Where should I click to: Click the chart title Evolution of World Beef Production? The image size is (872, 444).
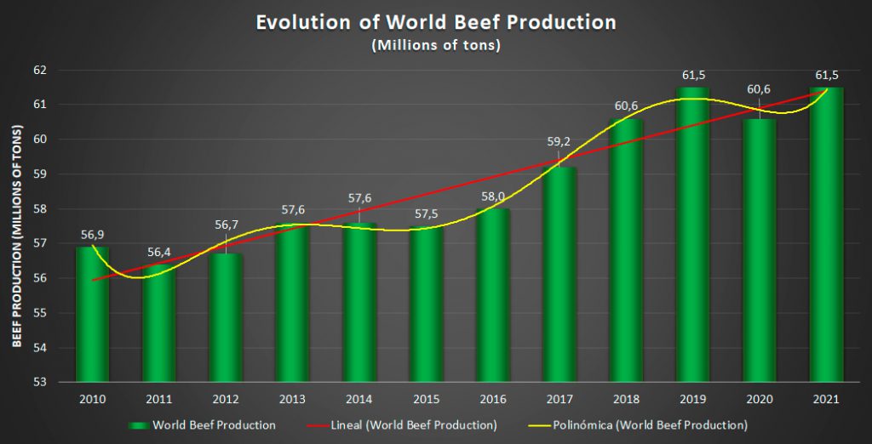click(436, 22)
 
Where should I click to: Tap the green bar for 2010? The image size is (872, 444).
click(93, 315)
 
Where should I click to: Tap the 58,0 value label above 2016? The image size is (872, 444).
click(492, 196)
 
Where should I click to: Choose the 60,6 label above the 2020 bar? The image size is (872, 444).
click(760, 89)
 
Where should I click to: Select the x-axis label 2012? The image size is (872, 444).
click(226, 399)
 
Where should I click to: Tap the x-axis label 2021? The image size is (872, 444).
click(826, 399)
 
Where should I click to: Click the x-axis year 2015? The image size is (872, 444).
click(426, 399)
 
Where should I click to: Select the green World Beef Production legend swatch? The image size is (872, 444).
click(140, 424)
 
